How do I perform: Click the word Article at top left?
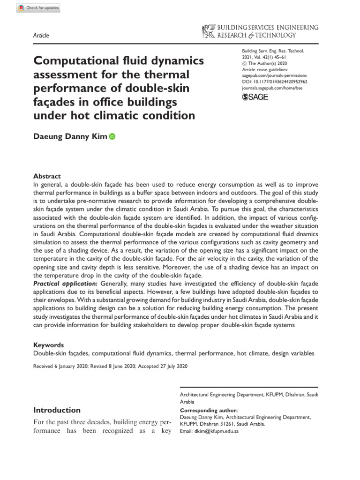coord(41,36)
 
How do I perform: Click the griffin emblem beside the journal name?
coord(206,31)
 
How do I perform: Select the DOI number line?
coord(274,80)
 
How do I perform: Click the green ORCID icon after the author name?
coord(112,137)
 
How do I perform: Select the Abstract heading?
coord(47,176)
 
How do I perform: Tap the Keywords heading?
coord(49,345)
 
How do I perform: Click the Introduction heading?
coord(57,410)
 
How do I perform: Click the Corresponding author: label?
coord(209,409)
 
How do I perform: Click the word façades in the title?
coord(56,102)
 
